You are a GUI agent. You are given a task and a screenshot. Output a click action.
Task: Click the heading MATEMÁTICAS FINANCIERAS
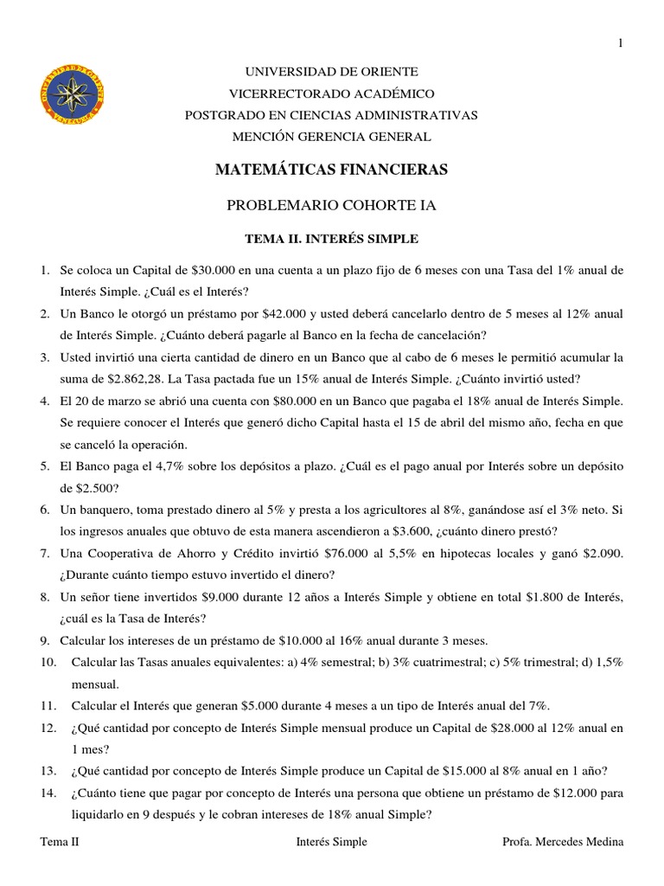(332, 170)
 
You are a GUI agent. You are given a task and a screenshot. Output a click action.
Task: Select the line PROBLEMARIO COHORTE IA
(332, 206)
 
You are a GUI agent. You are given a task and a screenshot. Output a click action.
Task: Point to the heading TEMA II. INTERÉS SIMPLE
(332, 239)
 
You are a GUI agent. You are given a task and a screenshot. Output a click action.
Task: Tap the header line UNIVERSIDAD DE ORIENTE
(332, 72)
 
